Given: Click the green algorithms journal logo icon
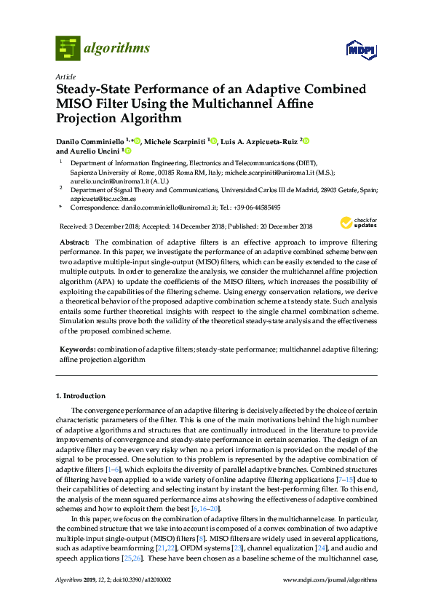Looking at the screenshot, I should click(x=67, y=48).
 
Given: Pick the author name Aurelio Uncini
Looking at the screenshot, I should click(x=98, y=151).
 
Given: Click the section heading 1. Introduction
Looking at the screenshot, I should click(x=85, y=396).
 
